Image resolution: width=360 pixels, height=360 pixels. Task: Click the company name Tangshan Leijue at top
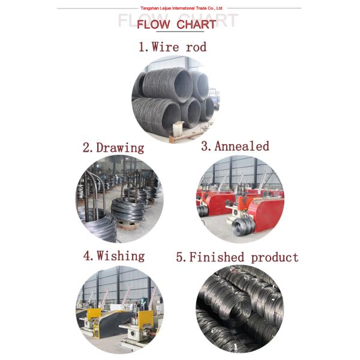pyautogui.click(x=179, y=8)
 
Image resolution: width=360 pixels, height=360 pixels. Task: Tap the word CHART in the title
pyautogui.click(x=196, y=25)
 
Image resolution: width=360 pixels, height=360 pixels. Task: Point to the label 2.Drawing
pyautogui.click(x=113, y=148)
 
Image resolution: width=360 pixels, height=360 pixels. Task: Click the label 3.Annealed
pyautogui.click(x=235, y=146)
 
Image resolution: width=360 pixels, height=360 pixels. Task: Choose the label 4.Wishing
pyautogui.click(x=113, y=256)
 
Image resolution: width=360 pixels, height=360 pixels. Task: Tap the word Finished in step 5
pyautogui.click(x=217, y=257)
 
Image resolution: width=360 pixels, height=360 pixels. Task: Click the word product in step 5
pyautogui.click(x=274, y=257)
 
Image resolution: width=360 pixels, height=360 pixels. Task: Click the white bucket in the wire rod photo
pyautogui.click(x=178, y=128)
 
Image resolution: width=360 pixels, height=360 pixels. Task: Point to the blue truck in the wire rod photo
pyautogui.click(x=214, y=96)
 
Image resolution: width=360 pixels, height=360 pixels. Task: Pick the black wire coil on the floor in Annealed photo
pyautogui.click(x=243, y=226)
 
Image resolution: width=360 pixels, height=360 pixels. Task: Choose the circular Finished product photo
pyautogui.click(x=240, y=308)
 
